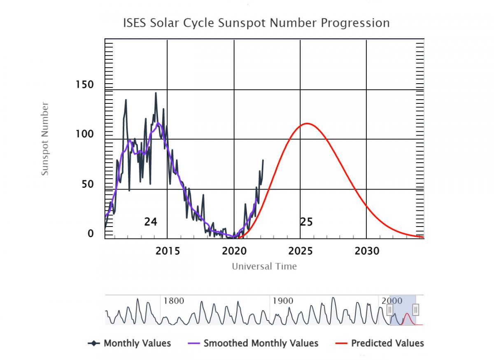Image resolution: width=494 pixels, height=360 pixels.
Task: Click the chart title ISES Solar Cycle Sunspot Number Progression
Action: [x=256, y=23]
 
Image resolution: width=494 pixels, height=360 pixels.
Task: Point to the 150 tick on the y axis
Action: [x=85, y=85]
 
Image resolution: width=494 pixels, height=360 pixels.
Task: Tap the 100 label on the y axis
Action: [x=85, y=135]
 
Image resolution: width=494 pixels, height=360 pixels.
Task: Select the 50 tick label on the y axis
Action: [x=87, y=184]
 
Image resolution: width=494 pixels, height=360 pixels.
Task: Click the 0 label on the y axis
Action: [x=91, y=234]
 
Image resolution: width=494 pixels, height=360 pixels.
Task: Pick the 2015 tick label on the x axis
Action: [x=168, y=251]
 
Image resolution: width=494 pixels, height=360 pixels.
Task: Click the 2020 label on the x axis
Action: [x=234, y=251]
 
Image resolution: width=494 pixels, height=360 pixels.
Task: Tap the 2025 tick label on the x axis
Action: [x=301, y=251]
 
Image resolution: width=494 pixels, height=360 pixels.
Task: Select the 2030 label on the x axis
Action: [x=367, y=251]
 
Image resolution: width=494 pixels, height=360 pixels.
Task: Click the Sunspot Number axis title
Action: [x=45, y=139]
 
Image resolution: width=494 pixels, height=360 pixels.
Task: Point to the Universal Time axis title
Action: [x=264, y=266]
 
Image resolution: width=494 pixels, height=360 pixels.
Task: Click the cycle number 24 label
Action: [x=151, y=222]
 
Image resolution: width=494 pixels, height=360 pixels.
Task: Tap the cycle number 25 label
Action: [x=306, y=222]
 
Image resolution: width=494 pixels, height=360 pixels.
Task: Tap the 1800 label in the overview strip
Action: [x=174, y=301]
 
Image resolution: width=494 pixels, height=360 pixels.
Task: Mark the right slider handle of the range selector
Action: [x=416, y=310]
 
